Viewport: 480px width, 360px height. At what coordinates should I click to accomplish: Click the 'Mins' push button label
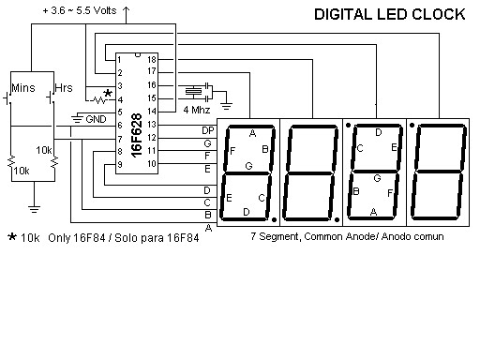click(x=23, y=87)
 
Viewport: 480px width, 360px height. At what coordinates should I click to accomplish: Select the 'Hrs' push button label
click(x=64, y=87)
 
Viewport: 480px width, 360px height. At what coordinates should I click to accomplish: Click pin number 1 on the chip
click(x=121, y=59)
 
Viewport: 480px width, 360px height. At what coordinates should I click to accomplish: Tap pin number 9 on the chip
click(x=121, y=165)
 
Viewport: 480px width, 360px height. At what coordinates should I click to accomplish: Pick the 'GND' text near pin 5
click(x=96, y=119)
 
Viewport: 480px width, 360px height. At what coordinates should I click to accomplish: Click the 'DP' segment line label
click(x=207, y=128)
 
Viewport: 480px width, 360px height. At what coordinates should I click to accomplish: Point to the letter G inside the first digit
click(x=247, y=166)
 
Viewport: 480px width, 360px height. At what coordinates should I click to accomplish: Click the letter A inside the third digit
click(x=373, y=212)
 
